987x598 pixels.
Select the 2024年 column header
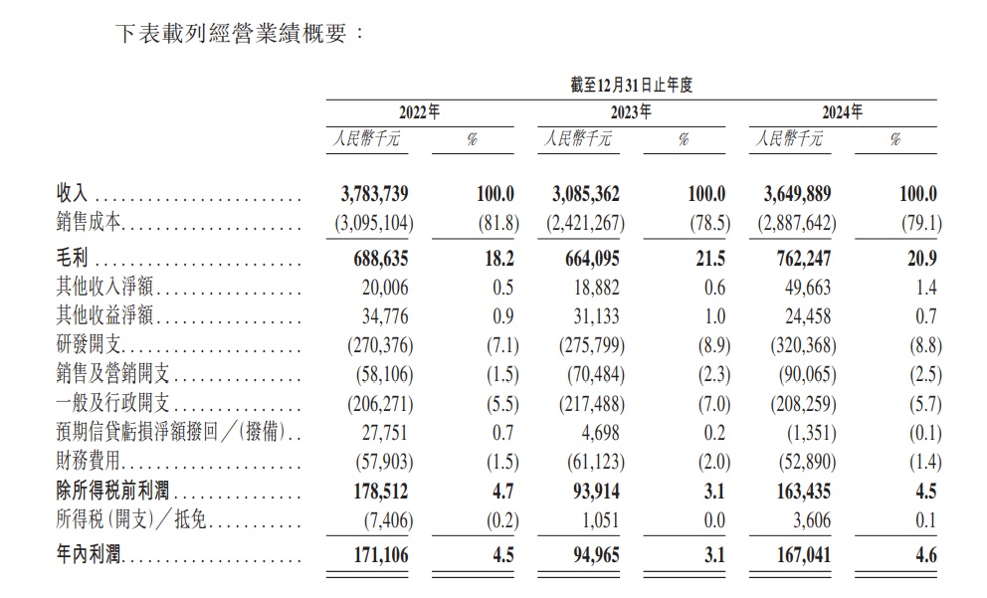[843, 112]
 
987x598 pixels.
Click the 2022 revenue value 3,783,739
[368, 195]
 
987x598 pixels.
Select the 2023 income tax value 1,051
[602, 520]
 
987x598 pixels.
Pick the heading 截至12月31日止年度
[631, 86]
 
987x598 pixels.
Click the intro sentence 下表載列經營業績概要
[231, 33]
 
